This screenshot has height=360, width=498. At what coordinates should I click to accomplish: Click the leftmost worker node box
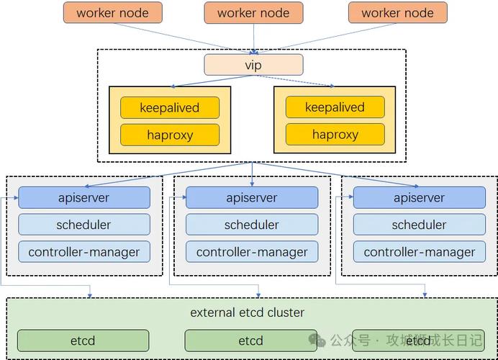point(112,12)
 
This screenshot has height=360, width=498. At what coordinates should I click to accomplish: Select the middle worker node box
point(253,12)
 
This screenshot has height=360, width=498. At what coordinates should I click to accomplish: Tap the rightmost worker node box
point(397,12)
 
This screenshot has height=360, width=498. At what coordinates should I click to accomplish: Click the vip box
point(253,65)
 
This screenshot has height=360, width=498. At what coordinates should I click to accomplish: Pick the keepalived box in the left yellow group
point(169,107)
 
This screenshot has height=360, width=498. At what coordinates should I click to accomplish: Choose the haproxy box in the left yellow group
point(169,135)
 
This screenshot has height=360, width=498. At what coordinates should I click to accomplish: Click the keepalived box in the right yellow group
point(335,107)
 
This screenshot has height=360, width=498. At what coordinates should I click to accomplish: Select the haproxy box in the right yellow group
point(335,135)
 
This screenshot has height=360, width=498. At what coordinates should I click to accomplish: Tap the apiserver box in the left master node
point(84,197)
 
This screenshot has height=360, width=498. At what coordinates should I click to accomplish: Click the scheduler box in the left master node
point(84,225)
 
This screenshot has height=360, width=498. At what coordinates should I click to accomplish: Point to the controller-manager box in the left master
point(84,252)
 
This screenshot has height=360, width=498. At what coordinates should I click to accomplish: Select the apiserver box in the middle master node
point(252,197)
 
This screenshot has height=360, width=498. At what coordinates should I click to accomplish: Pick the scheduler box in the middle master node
point(252,225)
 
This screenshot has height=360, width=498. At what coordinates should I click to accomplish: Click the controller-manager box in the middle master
point(252,252)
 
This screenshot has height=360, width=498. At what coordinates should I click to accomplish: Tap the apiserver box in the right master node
point(419,197)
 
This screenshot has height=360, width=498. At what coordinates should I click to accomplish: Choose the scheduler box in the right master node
point(419,225)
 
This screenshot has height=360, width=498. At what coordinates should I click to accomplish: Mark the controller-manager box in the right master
point(419,252)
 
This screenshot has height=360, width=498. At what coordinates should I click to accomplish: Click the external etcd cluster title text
point(247,312)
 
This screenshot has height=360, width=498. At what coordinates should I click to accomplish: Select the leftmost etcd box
point(83,341)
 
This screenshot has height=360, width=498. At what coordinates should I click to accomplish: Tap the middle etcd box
point(250,341)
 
